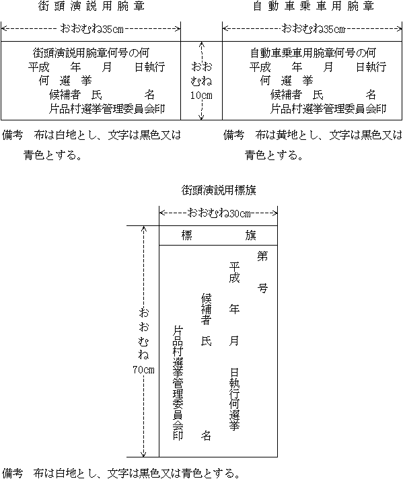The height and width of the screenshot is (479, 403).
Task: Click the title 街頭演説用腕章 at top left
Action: pyautogui.click(x=91, y=6)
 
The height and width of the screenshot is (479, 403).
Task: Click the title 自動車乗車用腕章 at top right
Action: pyautogui.click(x=314, y=6)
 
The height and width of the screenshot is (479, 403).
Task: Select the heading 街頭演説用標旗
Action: pyautogui.click(x=219, y=190)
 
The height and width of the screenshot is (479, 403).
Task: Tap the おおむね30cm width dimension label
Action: pyautogui.click(x=219, y=213)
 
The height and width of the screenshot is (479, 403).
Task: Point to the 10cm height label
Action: pyautogui.click(x=201, y=96)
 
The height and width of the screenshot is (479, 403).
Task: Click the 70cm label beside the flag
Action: pyautogui.click(x=143, y=369)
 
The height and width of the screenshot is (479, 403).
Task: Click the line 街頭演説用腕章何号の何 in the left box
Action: pyautogui.click(x=91, y=53)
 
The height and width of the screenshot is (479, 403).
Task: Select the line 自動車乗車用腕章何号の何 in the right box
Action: pyautogui.click(x=313, y=53)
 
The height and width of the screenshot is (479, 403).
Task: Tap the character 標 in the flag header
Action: pyautogui.click(x=186, y=235)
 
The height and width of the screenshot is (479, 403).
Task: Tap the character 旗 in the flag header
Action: pyautogui.click(x=250, y=235)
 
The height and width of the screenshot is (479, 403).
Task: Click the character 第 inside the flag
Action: pyautogui.click(x=262, y=256)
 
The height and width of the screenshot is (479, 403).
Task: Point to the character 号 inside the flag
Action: pyautogui.click(x=262, y=288)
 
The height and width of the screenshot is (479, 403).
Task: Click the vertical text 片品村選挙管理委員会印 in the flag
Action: pyautogui.click(x=178, y=383)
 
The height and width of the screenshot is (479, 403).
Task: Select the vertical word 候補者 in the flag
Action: pyautogui.click(x=207, y=309)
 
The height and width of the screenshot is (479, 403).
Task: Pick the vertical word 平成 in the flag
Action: pyautogui.click(x=234, y=272)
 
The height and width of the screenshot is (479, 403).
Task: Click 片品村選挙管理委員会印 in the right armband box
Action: pyautogui.click(x=328, y=109)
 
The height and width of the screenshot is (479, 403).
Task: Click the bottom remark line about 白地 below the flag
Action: pyautogui.click(x=121, y=473)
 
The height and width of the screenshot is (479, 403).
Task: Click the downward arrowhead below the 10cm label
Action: pyautogui.click(x=201, y=116)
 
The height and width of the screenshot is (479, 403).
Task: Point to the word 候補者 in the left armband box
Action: pyautogui.click(x=65, y=95)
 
